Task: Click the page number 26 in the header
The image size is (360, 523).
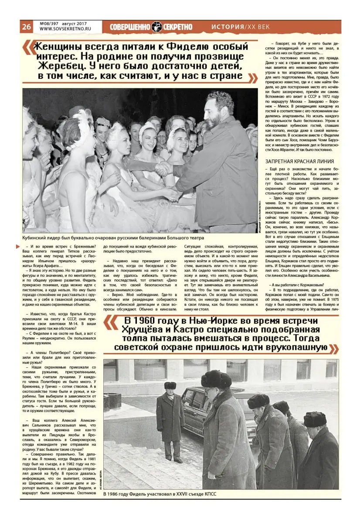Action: click(x=26, y=27)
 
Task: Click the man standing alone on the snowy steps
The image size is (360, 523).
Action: click(x=170, y=421)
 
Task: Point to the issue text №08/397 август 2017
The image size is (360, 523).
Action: click(x=61, y=24)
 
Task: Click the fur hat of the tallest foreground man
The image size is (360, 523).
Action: click(x=216, y=379)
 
